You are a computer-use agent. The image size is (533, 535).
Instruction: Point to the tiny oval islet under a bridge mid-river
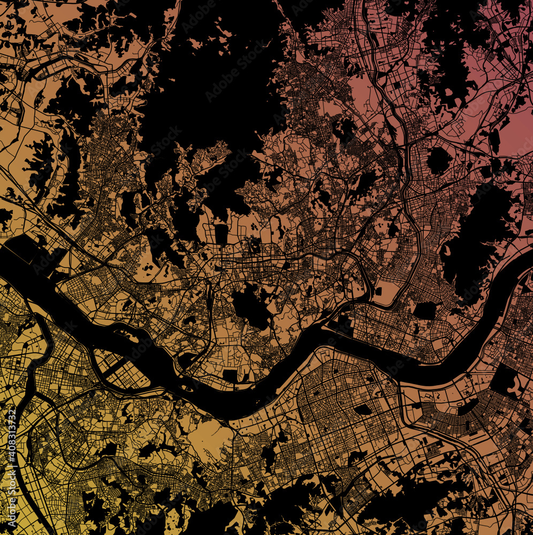click(x=187, y=387)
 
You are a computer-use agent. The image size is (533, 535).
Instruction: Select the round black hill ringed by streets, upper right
click(x=439, y=160)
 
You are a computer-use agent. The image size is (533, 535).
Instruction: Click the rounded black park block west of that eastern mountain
click(x=426, y=311)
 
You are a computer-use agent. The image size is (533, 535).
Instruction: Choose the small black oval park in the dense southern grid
click(x=364, y=409)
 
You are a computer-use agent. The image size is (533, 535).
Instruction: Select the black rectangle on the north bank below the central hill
click(x=230, y=376)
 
